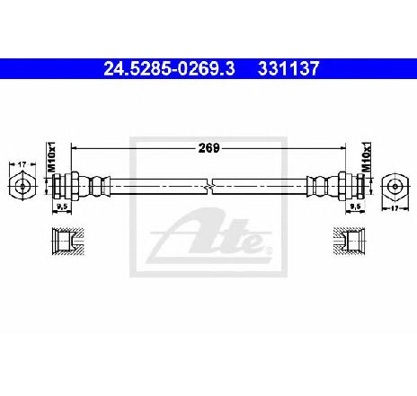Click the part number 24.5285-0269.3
point(169,68)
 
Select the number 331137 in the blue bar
point(288,68)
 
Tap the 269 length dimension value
point(208,148)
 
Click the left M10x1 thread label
point(52,157)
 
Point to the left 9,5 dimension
point(62,207)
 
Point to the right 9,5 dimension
point(356,207)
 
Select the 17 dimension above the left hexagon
point(22,164)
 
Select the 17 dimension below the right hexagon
point(395,208)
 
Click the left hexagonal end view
point(22,186)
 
